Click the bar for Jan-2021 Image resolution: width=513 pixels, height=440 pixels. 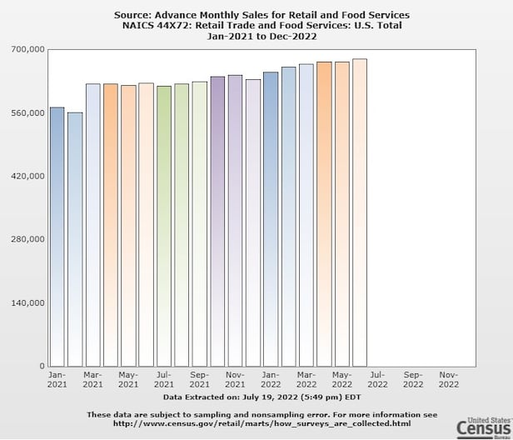(x=57, y=237)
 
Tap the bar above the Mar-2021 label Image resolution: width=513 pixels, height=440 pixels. (x=92, y=225)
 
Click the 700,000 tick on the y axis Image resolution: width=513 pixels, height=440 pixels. (x=26, y=50)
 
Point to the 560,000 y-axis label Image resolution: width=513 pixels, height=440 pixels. (x=26, y=112)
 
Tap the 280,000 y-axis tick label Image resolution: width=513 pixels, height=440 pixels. (x=26, y=239)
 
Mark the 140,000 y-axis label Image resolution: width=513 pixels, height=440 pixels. (x=26, y=302)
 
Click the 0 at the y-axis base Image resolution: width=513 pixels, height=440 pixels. (x=40, y=366)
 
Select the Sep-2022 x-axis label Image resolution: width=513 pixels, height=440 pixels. (x=413, y=380)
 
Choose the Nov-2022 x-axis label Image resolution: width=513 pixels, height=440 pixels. (x=449, y=380)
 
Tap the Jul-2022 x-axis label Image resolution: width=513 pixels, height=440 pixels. (x=377, y=380)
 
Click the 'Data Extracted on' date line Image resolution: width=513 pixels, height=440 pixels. (x=261, y=398)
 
